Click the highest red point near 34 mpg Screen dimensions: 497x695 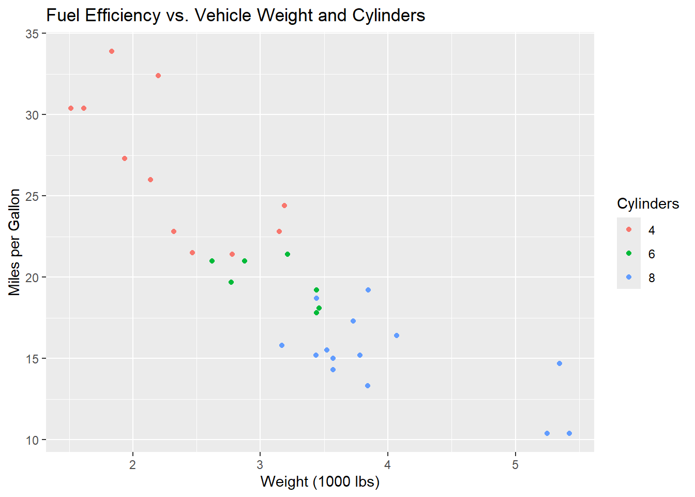pyautogui.click(x=112, y=51)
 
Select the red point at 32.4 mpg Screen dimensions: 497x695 pyautogui.click(x=158, y=76)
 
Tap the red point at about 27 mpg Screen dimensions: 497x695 pyautogui.click(x=125, y=158)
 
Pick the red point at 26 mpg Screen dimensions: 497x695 pyautogui.click(x=150, y=180)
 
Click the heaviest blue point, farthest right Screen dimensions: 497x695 pyautogui.click(x=569, y=433)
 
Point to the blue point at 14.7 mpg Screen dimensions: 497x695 pyautogui.click(x=560, y=363)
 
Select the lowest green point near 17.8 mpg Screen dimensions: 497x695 pyautogui.click(x=316, y=313)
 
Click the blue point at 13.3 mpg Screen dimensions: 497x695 pyautogui.click(x=368, y=386)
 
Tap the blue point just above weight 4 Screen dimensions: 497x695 pyautogui.click(x=397, y=335)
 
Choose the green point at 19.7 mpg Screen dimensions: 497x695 pyautogui.click(x=231, y=282)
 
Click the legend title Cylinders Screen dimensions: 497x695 pyautogui.click(x=648, y=204)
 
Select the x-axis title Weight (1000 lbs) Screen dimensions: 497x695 pyautogui.click(x=320, y=481)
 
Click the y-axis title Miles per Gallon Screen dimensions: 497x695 pyautogui.click(x=14, y=242)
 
